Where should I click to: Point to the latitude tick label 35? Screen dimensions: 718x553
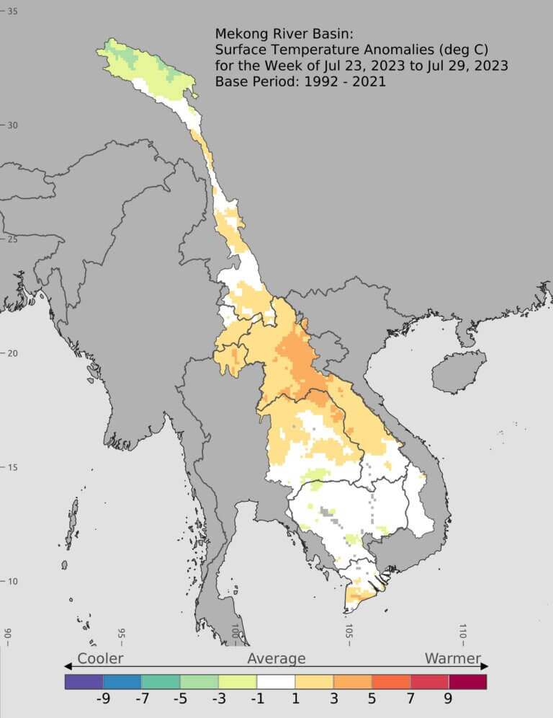coord(13,11)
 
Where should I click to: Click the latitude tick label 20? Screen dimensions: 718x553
coord(13,353)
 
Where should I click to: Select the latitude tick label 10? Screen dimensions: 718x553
coord(13,582)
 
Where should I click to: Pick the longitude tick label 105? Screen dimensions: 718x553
coord(349,632)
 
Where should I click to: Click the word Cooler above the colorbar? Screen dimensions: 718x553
coord(100,658)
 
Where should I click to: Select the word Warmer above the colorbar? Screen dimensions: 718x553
coord(452,658)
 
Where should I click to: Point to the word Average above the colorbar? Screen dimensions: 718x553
coord(276,658)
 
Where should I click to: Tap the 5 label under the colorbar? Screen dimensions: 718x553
coord(372,699)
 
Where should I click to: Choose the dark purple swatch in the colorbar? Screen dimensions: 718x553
coord(84,681)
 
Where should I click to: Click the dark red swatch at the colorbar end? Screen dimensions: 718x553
coord(467,681)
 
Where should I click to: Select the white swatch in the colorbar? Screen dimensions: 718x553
coord(276,681)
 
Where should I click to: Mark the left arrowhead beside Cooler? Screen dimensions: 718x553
coord(68,665)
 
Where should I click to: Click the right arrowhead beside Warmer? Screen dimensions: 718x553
coord(485,665)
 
